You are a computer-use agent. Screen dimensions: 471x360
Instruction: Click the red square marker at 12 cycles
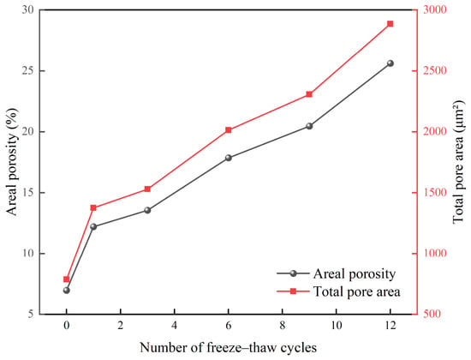[390, 24]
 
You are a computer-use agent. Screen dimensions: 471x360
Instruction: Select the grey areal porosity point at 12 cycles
[391, 63]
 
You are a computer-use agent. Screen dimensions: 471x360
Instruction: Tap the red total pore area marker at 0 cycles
[67, 279]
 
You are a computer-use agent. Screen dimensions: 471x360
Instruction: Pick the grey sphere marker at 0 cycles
[67, 291]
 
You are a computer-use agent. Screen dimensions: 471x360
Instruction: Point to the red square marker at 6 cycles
[229, 130]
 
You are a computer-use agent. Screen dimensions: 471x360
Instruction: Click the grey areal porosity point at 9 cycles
[309, 126]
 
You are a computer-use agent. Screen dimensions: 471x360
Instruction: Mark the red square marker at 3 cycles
[147, 189]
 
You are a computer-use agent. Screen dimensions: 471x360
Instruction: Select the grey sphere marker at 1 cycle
[93, 226]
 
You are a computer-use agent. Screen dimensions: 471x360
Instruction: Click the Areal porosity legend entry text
[355, 274]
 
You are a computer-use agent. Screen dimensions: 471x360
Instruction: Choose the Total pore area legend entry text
[357, 291]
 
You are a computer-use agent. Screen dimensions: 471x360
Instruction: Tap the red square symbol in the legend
[293, 291]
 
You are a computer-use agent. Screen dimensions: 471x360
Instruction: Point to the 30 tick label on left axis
[27, 9]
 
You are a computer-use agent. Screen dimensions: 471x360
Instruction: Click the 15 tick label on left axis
[27, 193]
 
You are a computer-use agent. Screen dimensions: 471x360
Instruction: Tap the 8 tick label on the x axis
[282, 326]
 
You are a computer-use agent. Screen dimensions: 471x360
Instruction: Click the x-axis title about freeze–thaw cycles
[229, 348]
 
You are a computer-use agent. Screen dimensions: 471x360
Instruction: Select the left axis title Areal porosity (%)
[13, 162]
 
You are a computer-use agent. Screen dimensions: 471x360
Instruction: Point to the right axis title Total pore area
[458, 162]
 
